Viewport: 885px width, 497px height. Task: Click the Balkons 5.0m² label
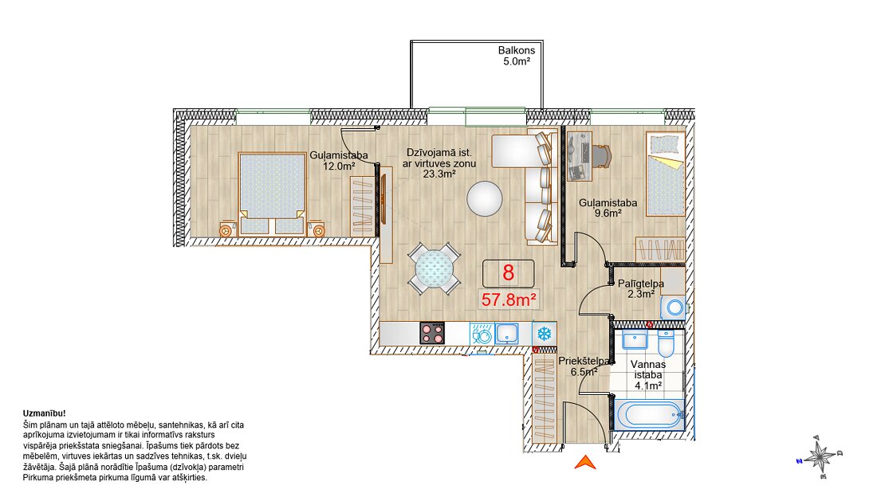click(517, 56)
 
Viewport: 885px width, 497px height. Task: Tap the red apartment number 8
click(508, 273)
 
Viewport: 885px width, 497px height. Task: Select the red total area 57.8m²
click(509, 299)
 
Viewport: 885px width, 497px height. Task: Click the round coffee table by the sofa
click(484, 198)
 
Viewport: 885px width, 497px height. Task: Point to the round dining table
click(434, 268)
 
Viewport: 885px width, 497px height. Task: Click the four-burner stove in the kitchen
click(432, 333)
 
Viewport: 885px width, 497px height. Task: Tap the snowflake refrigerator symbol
click(544, 334)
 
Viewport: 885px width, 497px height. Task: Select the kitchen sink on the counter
click(507, 334)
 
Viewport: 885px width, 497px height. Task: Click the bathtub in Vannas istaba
click(648, 415)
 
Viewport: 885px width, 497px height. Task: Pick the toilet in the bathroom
click(666, 342)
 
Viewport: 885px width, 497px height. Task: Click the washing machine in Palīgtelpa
click(674, 308)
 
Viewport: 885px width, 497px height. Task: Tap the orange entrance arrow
click(585, 462)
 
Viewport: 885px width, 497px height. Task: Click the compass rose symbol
click(820, 456)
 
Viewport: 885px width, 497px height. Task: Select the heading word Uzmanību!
click(44, 413)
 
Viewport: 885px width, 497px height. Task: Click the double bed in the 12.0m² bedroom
click(272, 193)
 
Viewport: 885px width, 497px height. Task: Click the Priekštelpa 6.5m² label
click(584, 366)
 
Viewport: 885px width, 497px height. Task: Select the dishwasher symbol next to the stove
click(482, 334)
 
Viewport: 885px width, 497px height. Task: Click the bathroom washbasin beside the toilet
click(635, 340)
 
